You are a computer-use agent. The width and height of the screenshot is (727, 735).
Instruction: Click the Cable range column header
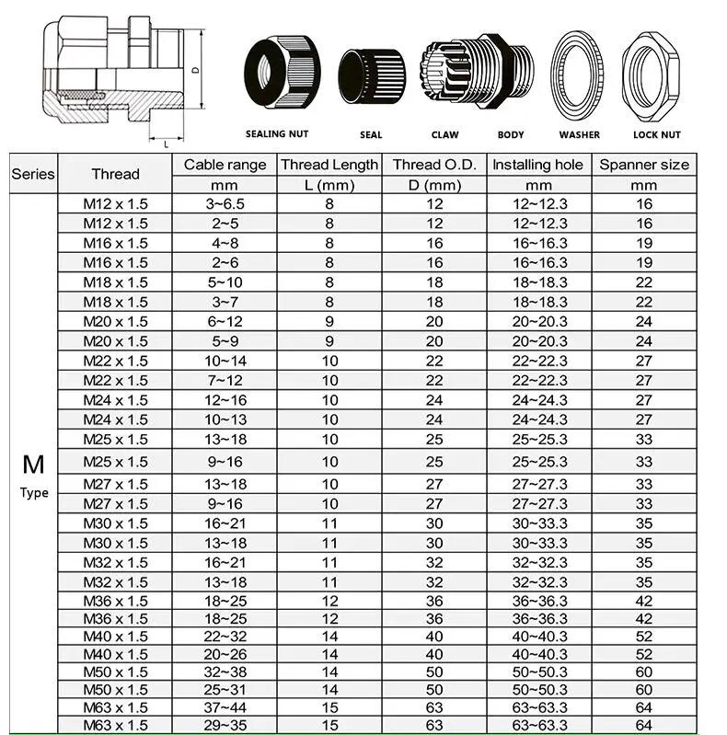[x=225, y=165]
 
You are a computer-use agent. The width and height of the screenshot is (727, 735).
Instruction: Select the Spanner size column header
[x=644, y=165]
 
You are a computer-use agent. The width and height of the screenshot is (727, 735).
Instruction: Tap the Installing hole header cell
[x=537, y=165]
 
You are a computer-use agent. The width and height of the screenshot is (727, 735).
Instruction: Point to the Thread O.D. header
[x=434, y=165]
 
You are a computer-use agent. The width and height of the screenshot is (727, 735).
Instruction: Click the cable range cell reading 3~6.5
[x=225, y=204]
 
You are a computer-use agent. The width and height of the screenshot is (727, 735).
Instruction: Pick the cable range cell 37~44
[x=225, y=707]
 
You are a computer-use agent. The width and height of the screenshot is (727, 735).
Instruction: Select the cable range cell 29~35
[x=225, y=726]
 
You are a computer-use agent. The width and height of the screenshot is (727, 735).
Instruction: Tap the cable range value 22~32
[x=225, y=636]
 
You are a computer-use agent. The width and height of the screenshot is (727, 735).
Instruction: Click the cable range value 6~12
[x=225, y=322]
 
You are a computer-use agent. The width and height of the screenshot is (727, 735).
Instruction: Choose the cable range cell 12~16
[x=225, y=400]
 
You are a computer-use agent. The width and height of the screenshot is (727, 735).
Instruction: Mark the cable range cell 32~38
[x=225, y=672]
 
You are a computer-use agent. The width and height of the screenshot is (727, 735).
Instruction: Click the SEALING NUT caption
[x=277, y=134]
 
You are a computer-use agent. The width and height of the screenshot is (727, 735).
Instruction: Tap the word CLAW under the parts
[x=444, y=134]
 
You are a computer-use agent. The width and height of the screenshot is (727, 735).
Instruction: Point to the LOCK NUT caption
[x=657, y=134]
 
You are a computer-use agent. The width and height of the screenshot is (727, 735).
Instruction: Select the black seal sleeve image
[x=370, y=76]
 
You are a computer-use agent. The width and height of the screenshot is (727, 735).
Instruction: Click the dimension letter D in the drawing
[x=195, y=70]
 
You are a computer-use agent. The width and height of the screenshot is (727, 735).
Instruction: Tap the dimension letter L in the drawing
[x=165, y=144]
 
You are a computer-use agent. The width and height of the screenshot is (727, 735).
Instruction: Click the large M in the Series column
[x=34, y=463]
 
